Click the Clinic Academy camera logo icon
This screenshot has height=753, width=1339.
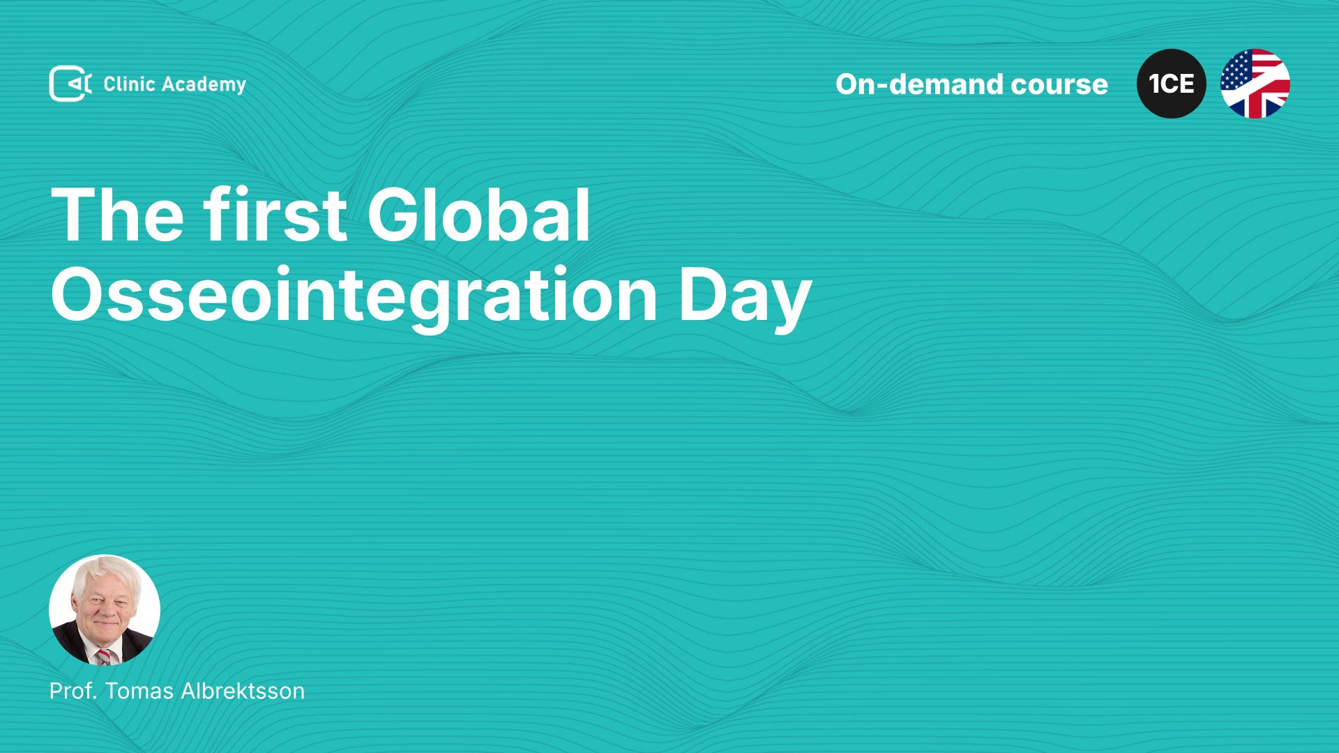70,84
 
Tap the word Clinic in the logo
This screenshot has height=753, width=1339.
129,84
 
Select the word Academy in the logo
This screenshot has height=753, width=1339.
204,85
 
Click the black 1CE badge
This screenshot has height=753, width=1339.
1172,84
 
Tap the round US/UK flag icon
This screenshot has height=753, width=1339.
1255,84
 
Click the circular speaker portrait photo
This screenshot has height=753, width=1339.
105,610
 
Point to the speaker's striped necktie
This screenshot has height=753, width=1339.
104,656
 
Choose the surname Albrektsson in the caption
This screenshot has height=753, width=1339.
243,691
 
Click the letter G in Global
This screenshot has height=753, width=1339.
391,215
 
